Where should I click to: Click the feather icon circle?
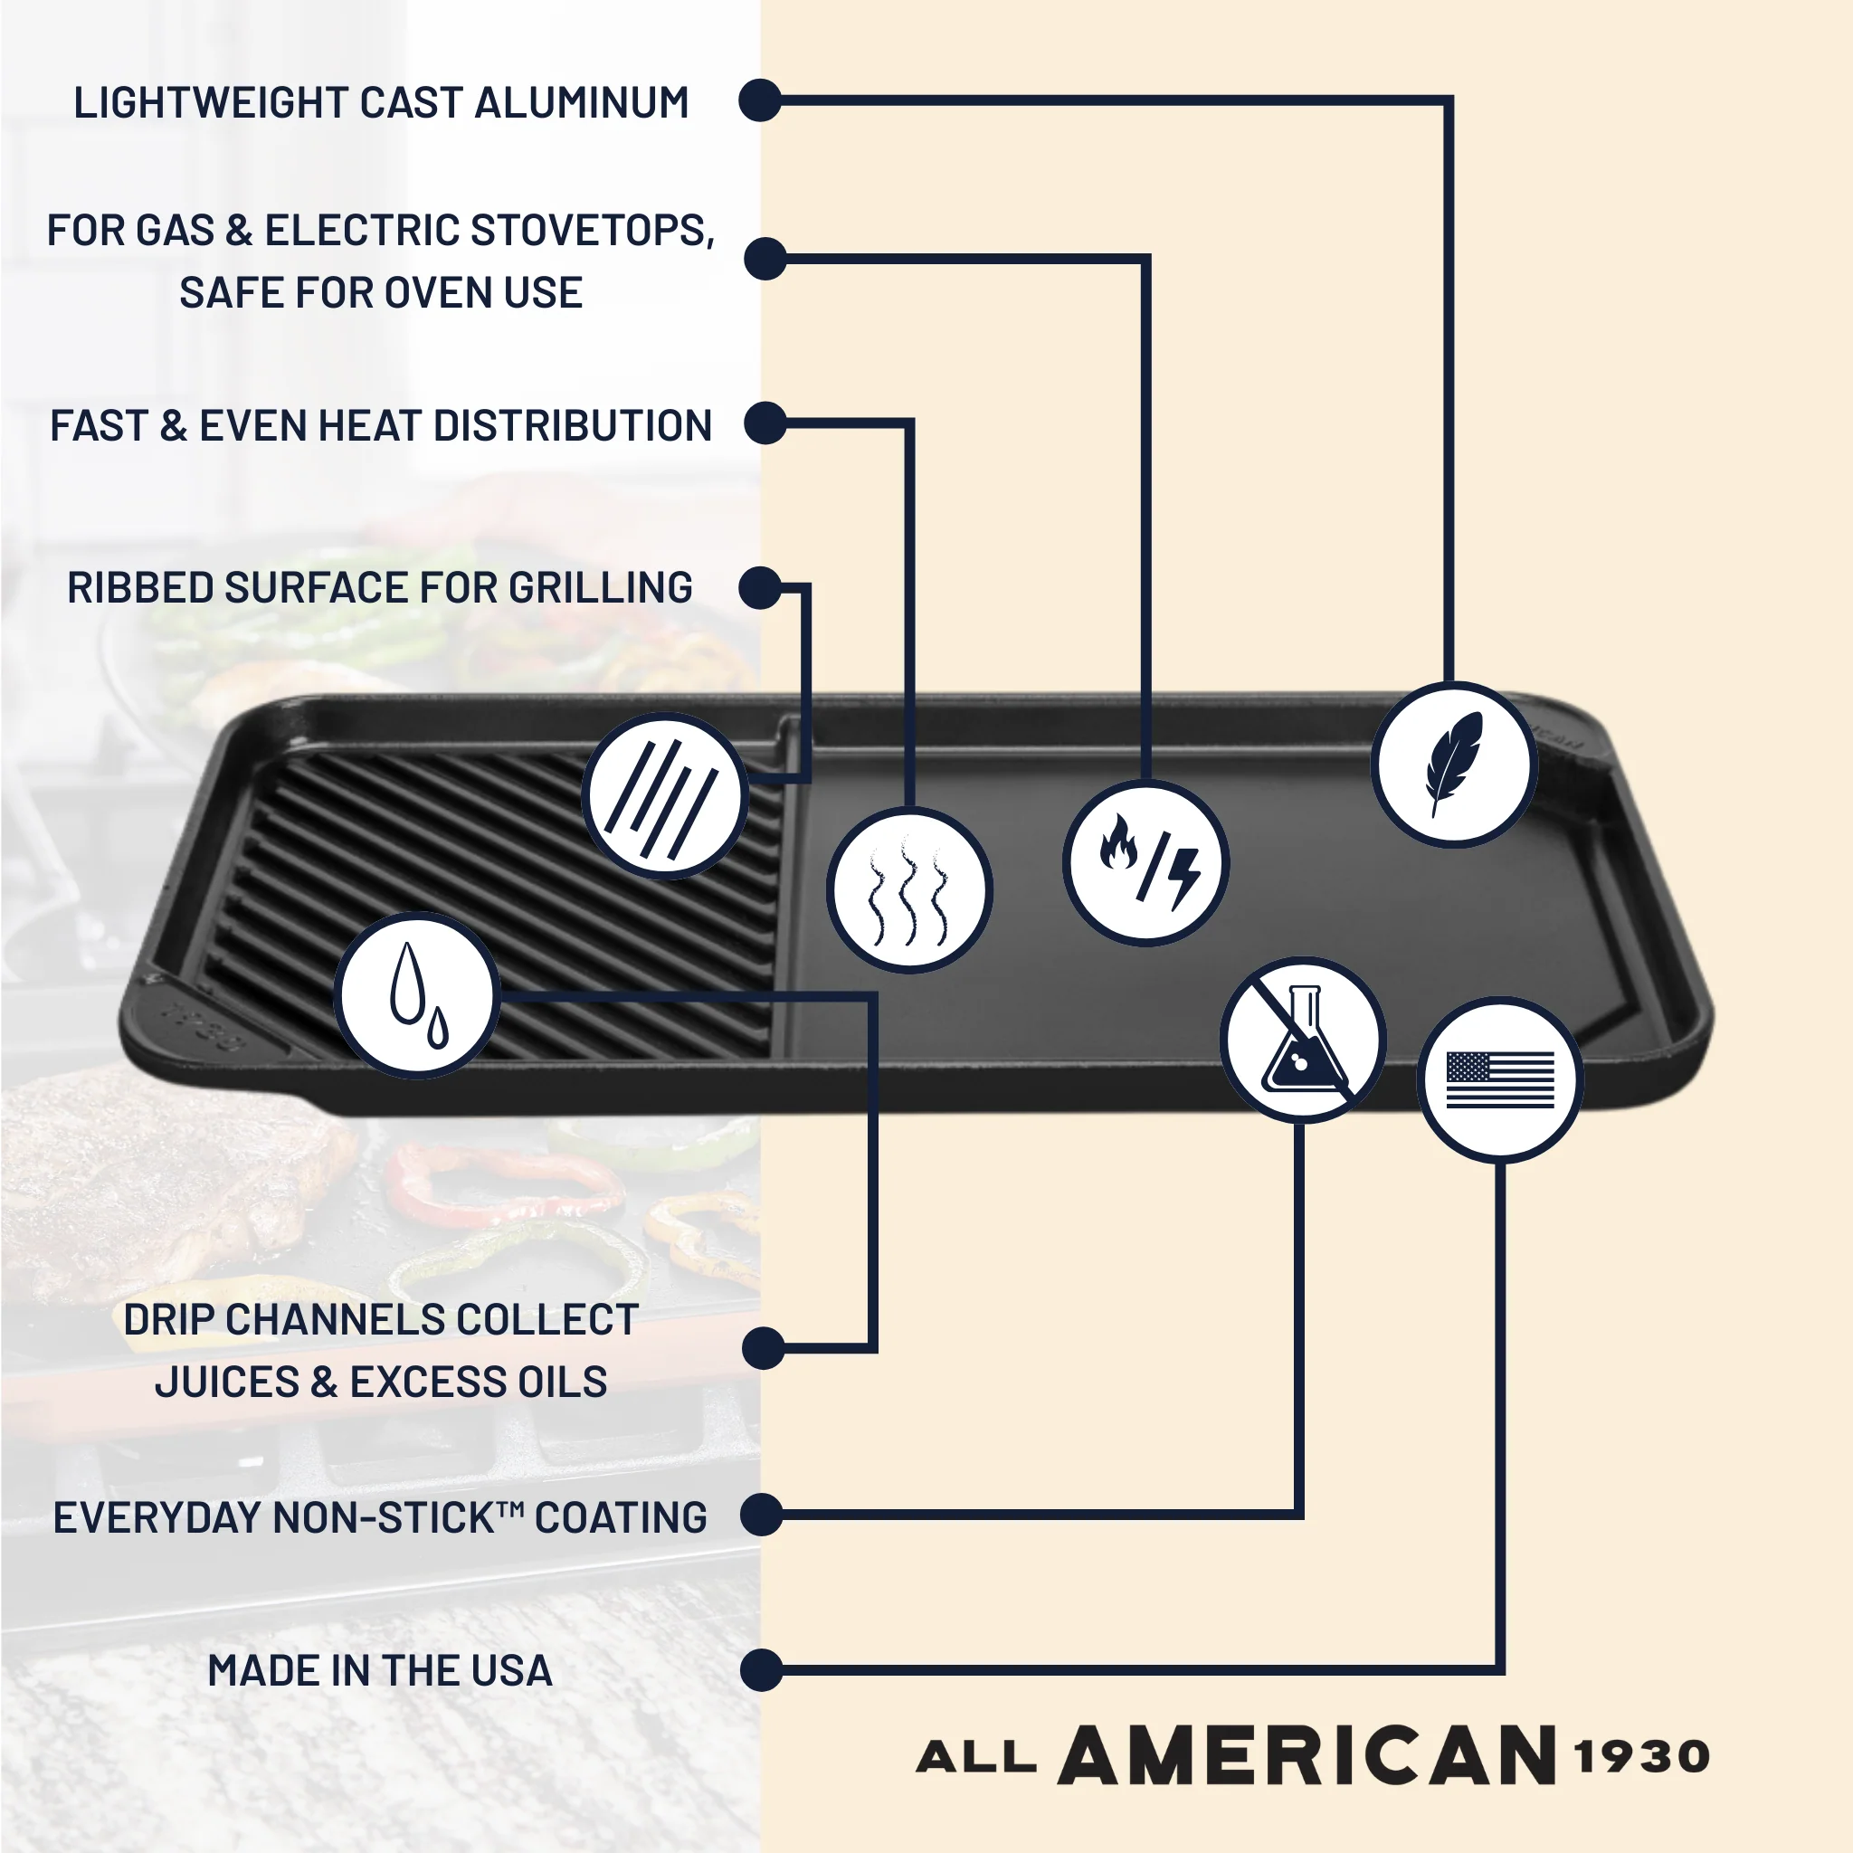coord(1454,765)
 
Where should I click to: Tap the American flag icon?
coord(1500,1081)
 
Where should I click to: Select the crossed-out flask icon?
coord(1304,1040)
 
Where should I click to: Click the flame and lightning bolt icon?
coord(1146,863)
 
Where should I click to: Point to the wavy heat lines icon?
coord(909,890)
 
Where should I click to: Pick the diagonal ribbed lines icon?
coord(666,796)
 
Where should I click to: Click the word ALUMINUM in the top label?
coord(581,102)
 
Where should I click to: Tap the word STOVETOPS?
coord(592,231)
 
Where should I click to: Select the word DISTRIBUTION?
coord(573,426)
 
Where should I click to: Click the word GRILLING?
coord(601,588)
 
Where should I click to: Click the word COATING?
coord(621,1517)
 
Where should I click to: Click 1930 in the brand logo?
coord(1642,1757)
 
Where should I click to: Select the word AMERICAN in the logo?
coord(1307,1755)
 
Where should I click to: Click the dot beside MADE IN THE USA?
coord(763,1671)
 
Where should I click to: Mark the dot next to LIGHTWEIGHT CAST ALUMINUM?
coord(761,100)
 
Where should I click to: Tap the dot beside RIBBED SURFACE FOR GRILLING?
coord(761,588)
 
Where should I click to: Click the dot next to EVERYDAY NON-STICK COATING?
coord(763,1515)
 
